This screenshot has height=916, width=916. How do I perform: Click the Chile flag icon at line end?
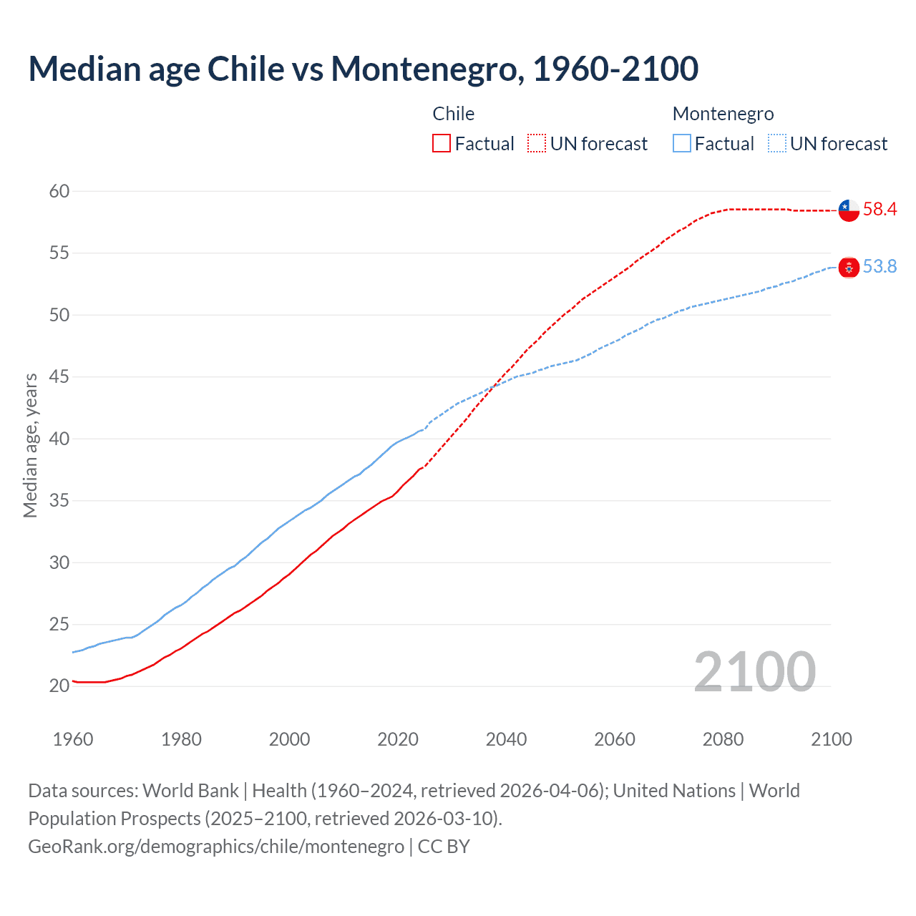pos(848,210)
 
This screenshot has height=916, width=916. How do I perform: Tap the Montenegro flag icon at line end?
pos(848,267)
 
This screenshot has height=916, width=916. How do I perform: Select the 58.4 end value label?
pos(880,209)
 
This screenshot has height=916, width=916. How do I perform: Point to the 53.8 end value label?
pos(880,266)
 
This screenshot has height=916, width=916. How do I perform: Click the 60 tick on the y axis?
pos(59,191)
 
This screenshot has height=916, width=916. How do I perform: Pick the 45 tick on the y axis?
pos(59,376)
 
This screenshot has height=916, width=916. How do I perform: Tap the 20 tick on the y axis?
pos(59,686)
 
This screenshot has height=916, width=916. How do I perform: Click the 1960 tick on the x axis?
pos(73,739)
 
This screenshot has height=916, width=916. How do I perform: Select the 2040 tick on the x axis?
pos(506,739)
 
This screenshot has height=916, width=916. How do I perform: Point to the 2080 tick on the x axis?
pos(723,739)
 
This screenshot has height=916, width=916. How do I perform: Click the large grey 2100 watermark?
pos(754,671)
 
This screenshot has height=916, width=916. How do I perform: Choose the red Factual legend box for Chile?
pos(442,143)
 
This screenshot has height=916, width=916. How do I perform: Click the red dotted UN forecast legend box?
pos(537,143)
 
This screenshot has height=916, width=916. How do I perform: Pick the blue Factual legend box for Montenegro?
pos(682,143)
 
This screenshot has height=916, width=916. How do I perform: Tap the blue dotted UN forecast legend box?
pos(777,143)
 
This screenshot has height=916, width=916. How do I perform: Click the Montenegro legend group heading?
pos(723,114)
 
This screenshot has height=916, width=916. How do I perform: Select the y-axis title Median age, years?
pos(30,445)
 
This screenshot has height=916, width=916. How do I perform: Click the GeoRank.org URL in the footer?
pos(216,846)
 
